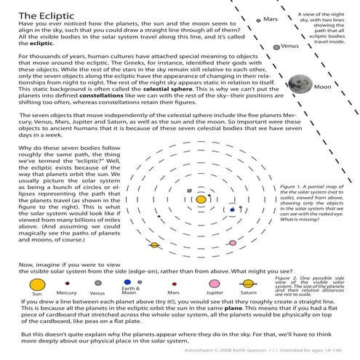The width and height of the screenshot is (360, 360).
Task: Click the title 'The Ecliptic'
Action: [x=44, y=14]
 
